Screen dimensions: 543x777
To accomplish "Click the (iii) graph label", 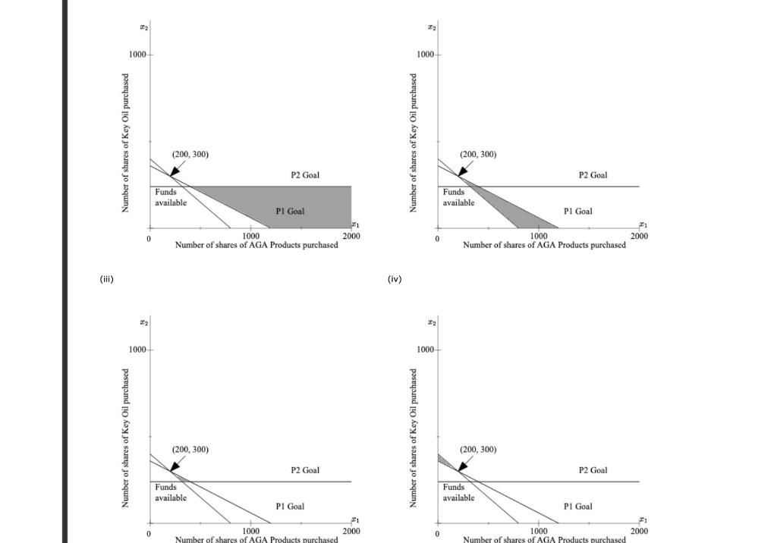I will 106,279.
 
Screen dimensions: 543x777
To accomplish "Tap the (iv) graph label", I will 395,279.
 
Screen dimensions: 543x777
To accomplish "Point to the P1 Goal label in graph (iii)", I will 290,506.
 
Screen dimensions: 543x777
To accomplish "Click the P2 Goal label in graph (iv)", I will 593,470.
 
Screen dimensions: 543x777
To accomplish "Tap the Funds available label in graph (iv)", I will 458,492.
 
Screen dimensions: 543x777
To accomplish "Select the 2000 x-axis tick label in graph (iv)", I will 639,532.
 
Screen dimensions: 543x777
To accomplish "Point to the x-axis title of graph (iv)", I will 544,539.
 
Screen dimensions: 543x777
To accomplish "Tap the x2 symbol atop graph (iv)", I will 432,323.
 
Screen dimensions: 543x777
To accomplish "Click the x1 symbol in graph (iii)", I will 354,520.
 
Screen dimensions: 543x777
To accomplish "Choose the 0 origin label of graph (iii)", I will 149,533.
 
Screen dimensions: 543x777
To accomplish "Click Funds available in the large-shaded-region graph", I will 171,197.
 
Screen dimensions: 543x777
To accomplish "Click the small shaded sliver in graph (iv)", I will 442,460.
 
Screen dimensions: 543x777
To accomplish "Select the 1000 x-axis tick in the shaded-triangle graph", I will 539,237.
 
